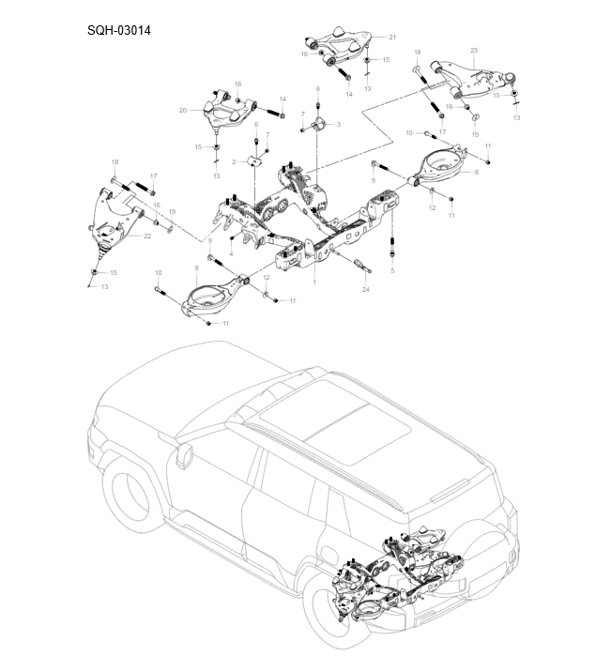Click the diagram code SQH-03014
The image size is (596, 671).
(118, 30)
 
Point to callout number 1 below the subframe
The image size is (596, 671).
(314, 282)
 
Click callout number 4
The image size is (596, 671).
(392, 271)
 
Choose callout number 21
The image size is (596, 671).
(147, 236)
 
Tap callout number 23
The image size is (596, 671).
(365, 290)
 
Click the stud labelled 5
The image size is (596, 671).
(320, 124)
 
